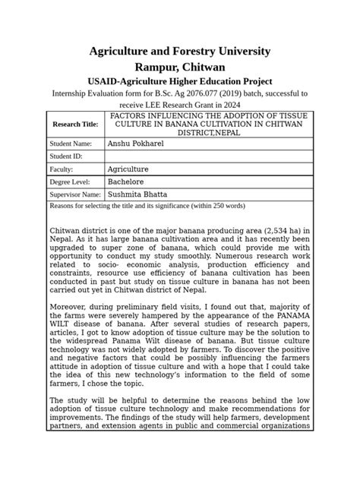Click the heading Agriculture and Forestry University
point(179,51)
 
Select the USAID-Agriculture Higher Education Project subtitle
point(179,81)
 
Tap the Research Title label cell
point(74,124)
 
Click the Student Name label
point(71,143)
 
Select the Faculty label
point(62,169)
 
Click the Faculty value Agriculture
point(128,169)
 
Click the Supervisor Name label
point(74,194)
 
